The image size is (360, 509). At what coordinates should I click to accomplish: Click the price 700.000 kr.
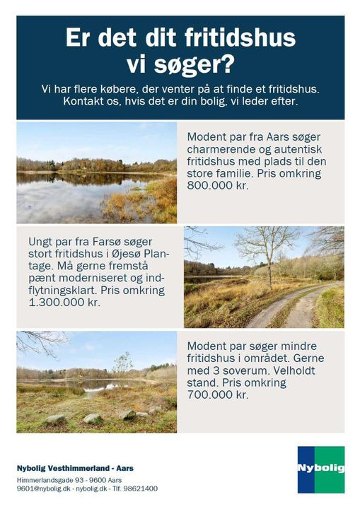(219, 395)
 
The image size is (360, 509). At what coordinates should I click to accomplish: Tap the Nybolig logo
(321, 469)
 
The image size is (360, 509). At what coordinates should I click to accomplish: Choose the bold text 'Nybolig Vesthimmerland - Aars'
(75, 468)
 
